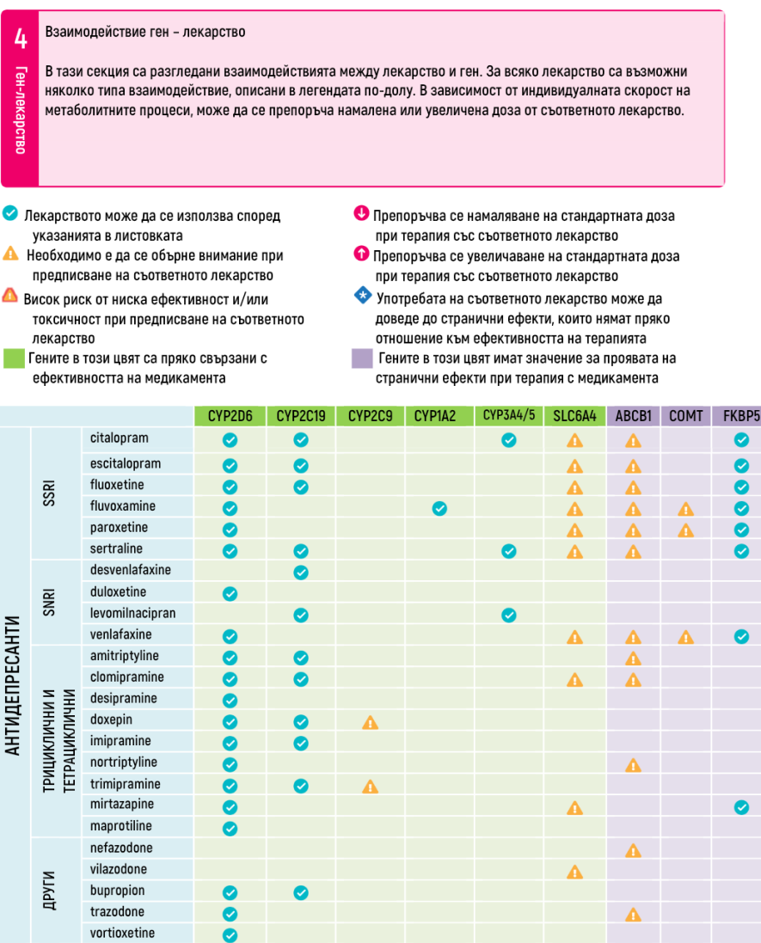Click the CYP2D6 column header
point(230,416)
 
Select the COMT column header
point(685,416)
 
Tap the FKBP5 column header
point(740,416)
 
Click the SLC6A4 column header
point(574,416)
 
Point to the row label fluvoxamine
point(123,506)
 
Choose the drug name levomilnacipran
point(133,613)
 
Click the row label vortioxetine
point(123,933)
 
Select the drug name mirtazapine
point(122,805)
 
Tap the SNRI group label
point(49,603)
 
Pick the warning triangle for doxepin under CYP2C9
point(370,722)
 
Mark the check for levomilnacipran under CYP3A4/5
point(508,615)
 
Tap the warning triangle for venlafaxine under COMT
point(685,637)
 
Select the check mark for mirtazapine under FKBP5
point(740,807)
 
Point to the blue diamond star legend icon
point(361,297)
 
